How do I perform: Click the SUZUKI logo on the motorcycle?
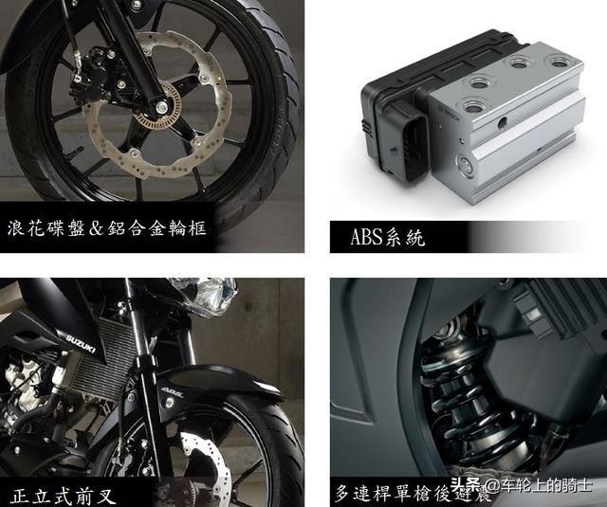80,341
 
